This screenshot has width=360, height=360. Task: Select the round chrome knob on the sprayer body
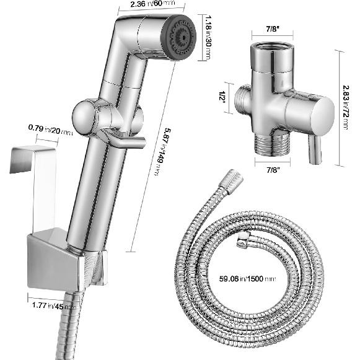[x=84, y=116]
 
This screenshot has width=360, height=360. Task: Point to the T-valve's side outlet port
[x=244, y=100]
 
